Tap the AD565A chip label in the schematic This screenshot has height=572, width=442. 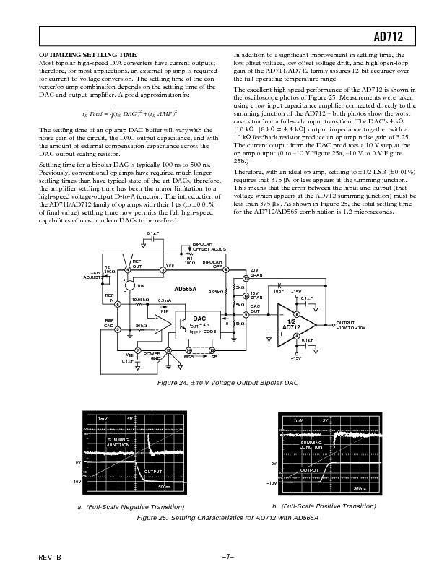click(185, 288)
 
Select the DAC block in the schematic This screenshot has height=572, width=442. click(199, 318)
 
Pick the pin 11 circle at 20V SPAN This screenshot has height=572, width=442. click(246, 278)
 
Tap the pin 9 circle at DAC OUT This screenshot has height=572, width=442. click(246, 314)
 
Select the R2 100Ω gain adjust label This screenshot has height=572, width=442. click(109, 269)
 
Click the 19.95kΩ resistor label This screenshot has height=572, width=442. click(140, 300)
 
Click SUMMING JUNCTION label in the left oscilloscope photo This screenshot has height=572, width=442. click(118, 442)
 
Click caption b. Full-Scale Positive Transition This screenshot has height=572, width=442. click(324, 506)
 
